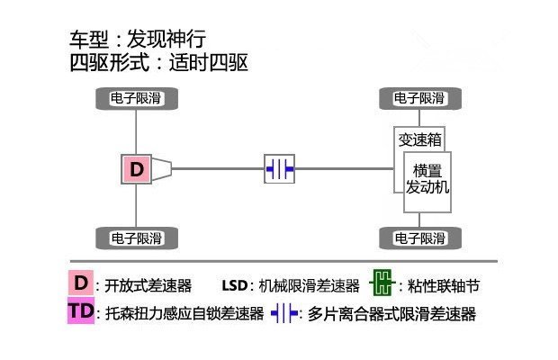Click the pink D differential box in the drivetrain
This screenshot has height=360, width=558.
[136, 169]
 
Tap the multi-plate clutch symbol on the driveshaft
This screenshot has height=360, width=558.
[279, 168]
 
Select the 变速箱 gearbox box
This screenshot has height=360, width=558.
[419, 139]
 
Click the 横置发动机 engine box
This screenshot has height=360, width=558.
[427, 182]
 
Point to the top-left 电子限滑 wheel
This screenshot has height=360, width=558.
[137, 98]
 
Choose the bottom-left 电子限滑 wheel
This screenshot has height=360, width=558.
[137, 238]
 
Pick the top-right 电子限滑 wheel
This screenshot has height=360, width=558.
[420, 98]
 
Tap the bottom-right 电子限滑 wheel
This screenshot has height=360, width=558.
[420, 238]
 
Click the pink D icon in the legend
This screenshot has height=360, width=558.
[81, 283]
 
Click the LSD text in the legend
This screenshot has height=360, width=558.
[235, 285]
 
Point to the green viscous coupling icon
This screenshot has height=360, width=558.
[382, 283]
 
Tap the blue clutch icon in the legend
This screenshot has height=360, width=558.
[284, 313]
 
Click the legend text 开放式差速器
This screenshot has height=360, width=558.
[148, 285]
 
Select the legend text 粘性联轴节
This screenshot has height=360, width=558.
[444, 285]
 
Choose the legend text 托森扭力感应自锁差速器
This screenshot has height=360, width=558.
[184, 313]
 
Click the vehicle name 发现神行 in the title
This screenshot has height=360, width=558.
[166, 39]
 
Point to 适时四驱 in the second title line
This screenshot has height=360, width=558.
[209, 63]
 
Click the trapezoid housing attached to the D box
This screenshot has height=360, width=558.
[162, 169]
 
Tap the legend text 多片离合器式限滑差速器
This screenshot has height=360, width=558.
[391, 314]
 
